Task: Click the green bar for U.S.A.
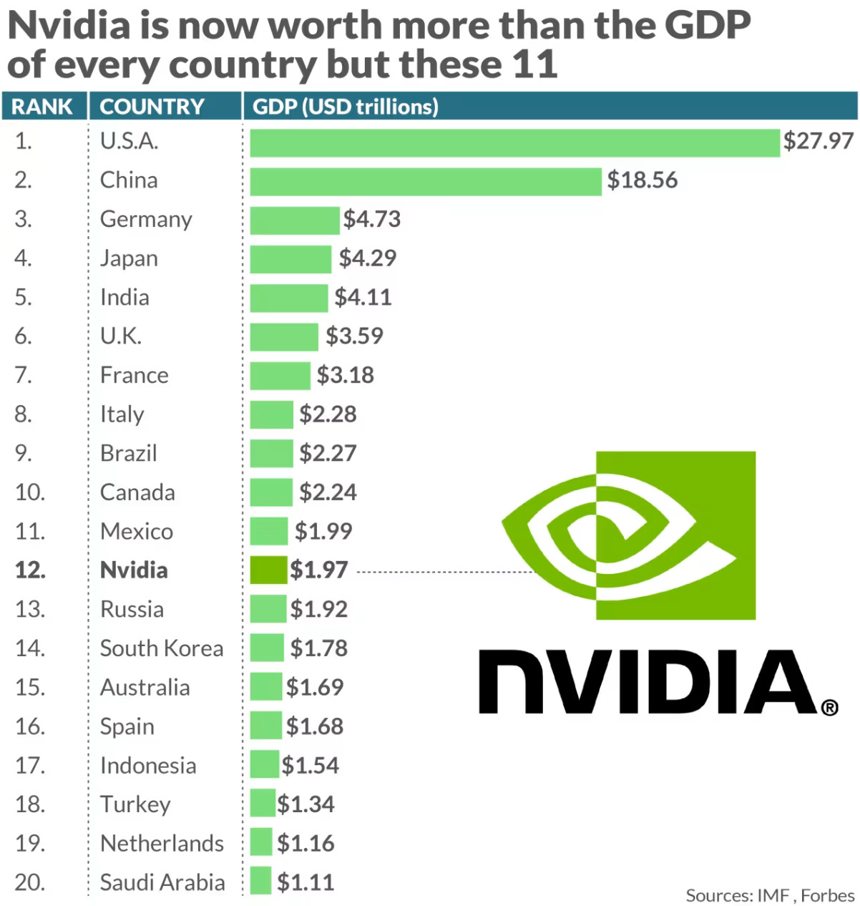[x=514, y=142]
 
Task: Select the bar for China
[x=425, y=181]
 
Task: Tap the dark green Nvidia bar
[x=268, y=570]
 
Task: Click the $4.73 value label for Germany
[x=371, y=219]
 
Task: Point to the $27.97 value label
[x=818, y=141]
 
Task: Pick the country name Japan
[x=129, y=258]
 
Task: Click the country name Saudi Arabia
[x=162, y=882]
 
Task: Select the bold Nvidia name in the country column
[x=134, y=570]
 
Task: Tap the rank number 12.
[x=30, y=570]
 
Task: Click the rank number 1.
[x=23, y=141]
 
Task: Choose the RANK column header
[x=42, y=107]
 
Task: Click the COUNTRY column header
[x=152, y=107]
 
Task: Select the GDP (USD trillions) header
[x=345, y=107]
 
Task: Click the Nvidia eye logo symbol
[x=628, y=535]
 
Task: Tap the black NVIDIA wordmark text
[x=648, y=682]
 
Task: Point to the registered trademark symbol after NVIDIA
[x=829, y=708]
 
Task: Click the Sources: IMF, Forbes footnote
[x=769, y=895]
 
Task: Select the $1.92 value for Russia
[x=318, y=609]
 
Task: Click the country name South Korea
[x=162, y=648]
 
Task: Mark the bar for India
[x=288, y=298]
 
